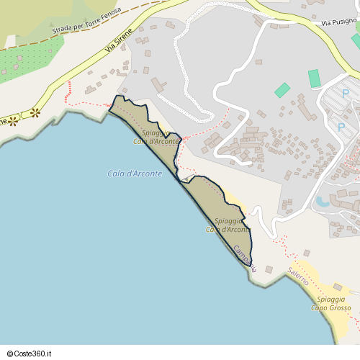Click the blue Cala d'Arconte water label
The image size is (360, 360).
(135, 174)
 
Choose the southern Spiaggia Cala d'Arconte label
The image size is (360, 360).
(228, 225)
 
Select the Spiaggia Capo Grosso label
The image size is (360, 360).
(333, 303)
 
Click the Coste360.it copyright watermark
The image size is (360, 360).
(29, 354)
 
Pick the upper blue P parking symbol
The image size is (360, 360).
(345, 94)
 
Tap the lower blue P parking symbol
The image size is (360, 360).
(341, 127)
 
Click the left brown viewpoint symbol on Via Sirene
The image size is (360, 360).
(12, 120)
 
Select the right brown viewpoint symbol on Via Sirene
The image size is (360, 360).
(35, 113)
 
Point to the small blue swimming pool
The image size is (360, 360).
(322, 202)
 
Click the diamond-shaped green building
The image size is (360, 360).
(282, 91)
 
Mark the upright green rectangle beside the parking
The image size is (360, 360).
(314, 78)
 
